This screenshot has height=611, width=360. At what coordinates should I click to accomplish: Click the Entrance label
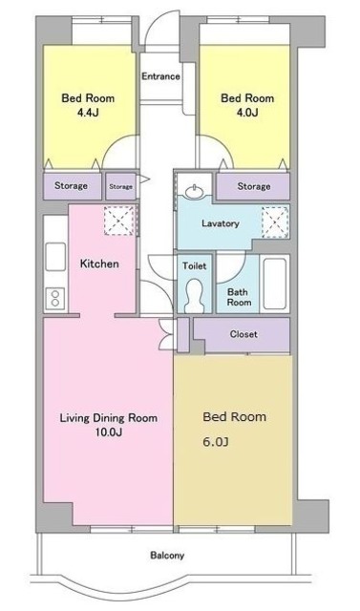click(x=160, y=76)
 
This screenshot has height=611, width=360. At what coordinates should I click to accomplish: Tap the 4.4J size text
click(x=87, y=113)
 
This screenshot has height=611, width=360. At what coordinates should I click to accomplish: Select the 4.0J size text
click(x=247, y=113)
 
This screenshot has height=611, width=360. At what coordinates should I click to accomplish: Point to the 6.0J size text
click(x=216, y=442)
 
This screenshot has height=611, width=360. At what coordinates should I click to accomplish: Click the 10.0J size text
click(x=109, y=432)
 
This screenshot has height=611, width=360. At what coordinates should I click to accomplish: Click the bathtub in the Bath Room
click(x=275, y=284)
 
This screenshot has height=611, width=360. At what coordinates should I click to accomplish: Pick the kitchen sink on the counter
click(x=55, y=257)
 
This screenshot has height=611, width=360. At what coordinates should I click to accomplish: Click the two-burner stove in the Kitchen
click(x=55, y=299)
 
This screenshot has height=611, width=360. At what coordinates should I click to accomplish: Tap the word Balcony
click(x=167, y=556)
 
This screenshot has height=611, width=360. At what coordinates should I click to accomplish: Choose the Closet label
click(x=244, y=334)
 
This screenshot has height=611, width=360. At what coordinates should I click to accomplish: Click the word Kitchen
click(x=99, y=263)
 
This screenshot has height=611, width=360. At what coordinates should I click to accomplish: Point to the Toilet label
click(x=195, y=266)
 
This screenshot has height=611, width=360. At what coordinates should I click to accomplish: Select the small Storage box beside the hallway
click(x=120, y=187)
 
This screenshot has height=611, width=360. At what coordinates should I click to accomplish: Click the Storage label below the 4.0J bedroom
click(x=254, y=187)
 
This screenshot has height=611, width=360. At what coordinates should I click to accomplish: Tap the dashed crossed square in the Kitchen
click(x=118, y=221)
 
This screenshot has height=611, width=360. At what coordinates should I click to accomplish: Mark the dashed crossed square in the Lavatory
click(x=275, y=221)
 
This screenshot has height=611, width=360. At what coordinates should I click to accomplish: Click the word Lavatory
click(x=221, y=223)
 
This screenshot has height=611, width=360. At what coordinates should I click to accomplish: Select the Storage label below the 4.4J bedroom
click(x=71, y=186)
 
